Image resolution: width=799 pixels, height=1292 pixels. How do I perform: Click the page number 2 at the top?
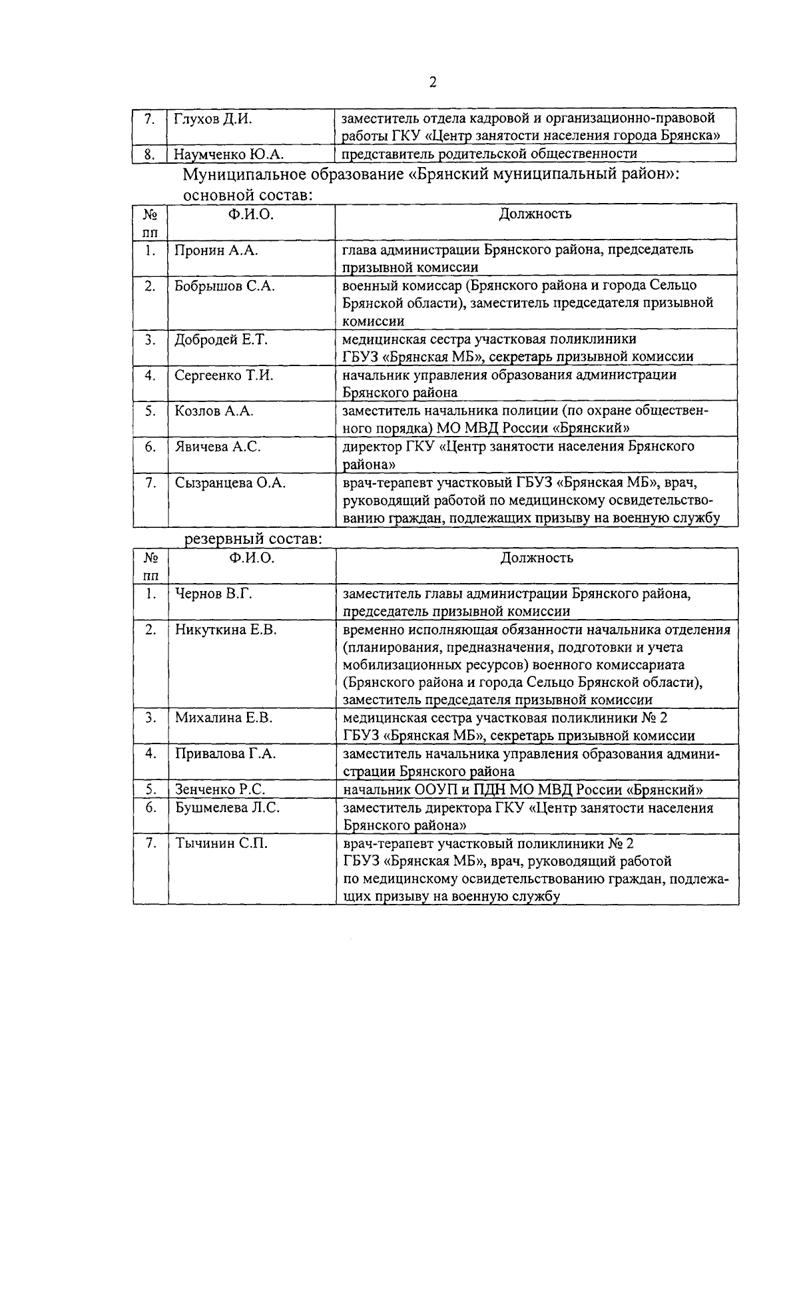click(x=432, y=83)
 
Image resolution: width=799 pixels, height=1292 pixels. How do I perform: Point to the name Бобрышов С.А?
click(x=225, y=286)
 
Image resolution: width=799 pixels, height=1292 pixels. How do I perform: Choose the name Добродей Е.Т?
click(x=221, y=339)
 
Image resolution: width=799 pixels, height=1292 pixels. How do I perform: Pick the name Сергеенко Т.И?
click(x=224, y=375)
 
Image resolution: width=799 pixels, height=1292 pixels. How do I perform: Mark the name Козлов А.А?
click(x=214, y=411)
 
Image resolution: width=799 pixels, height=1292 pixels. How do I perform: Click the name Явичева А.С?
click(x=218, y=447)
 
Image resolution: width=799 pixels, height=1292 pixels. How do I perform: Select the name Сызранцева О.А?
click(x=230, y=483)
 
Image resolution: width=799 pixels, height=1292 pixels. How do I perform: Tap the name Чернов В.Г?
click(x=214, y=594)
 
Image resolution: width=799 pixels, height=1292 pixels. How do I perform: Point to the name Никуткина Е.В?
click(x=226, y=629)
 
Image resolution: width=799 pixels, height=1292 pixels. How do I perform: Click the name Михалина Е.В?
click(x=224, y=718)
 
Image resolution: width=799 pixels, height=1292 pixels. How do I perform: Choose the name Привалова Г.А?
click(x=226, y=754)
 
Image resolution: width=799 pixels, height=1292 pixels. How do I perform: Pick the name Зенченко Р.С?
click(x=220, y=789)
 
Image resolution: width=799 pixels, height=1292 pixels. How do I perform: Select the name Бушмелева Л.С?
click(x=227, y=807)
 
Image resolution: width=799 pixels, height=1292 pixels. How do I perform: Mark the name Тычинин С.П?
click(x=222, y=843)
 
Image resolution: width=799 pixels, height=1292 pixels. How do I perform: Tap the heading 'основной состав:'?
click(x=248, y=195)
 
